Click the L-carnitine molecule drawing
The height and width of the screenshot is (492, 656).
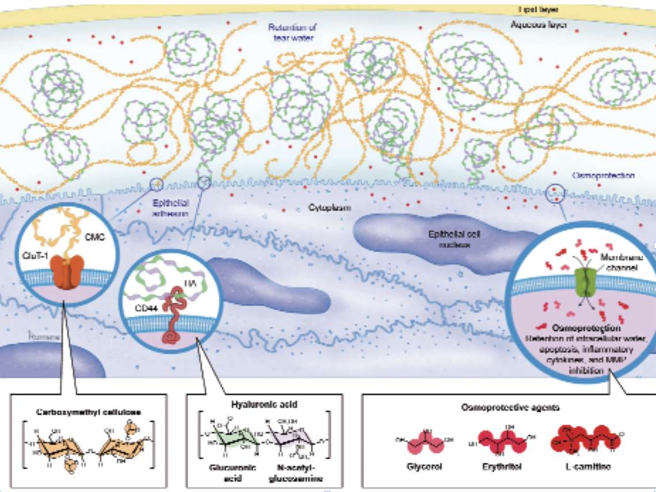(x=582, y=440)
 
